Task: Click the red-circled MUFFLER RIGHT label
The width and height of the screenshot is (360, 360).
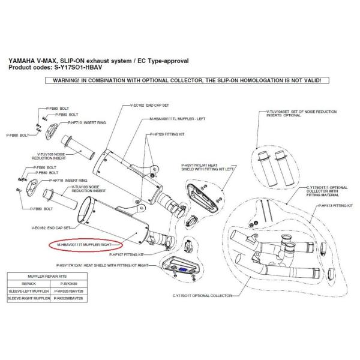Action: [x=85, y=245]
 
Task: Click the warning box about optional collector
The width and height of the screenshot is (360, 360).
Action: [x=180, y=80]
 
